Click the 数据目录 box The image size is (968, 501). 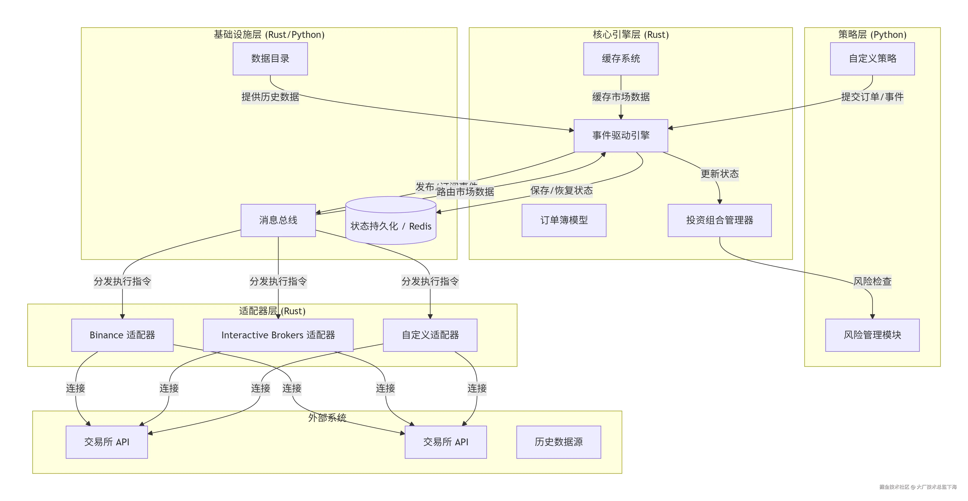(x=270, y=58)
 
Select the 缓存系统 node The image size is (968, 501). (x=621, y=58)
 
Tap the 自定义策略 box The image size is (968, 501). (x=872, y=58)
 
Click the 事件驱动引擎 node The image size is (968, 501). (x=621, y=136)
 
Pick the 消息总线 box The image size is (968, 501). (x=278, y=220)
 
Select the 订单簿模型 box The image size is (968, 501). (x=564, y=220)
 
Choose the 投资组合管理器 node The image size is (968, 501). (x=719, y=220)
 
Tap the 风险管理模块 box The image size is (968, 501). (x=872, y=335)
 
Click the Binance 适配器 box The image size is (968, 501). (x=122, y=335)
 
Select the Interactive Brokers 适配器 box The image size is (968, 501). (x=278, y=335)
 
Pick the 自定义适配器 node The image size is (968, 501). (x=430, y=335)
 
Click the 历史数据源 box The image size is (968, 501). (x=558, y=442)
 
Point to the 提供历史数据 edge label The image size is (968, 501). (x=270, y=97)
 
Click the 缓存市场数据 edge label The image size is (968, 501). (x=621, y=97)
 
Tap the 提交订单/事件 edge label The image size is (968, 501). (x=872, y=97)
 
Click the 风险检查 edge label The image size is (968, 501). (x=872, y=281)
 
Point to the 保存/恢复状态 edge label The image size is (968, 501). (x=561, y=191)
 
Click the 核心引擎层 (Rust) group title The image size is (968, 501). (x=631, y=34)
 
